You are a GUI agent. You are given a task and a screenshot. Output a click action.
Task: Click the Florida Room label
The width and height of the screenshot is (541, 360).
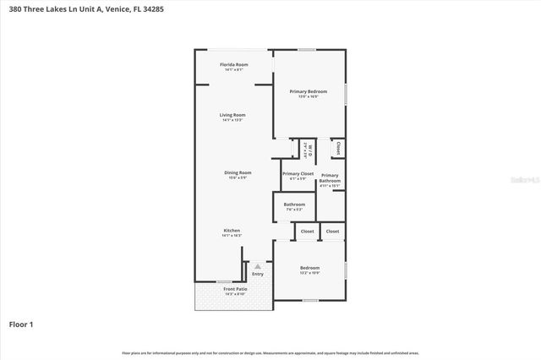click(233, 64)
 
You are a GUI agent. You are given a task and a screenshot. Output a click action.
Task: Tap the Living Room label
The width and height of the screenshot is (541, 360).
click(232, 115)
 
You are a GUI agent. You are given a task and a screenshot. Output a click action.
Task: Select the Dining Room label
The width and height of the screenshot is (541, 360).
click(238, 172)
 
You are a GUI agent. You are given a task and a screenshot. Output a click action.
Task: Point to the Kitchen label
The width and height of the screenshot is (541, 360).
click(232, 230)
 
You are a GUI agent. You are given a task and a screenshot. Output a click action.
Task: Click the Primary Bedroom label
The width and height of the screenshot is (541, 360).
click(308, 91)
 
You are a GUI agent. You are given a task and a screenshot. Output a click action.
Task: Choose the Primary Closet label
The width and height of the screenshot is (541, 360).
click(298, 173)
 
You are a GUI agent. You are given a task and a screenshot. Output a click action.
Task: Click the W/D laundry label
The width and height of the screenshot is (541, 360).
click(309, 150)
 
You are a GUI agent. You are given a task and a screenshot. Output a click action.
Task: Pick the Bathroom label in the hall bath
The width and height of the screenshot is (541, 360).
click(294, 204)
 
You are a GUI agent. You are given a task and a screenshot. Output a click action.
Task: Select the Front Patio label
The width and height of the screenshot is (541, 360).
click(234, 289)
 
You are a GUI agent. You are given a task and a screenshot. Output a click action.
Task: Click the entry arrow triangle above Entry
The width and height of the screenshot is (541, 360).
click(258, 266)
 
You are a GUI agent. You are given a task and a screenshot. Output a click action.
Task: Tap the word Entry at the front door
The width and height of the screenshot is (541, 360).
click(258, 274)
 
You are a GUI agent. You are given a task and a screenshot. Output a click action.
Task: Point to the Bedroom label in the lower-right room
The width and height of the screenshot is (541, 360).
click(309, 268)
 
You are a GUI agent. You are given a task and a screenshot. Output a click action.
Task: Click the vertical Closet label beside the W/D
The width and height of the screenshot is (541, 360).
click(337, 148)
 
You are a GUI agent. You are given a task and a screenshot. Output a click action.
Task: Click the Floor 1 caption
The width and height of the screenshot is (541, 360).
click(20, 324)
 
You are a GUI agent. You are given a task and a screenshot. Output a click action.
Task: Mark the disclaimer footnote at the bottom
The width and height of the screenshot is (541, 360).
click(270, 352)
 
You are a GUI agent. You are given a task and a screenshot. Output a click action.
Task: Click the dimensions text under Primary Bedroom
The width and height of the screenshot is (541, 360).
click(308, 97)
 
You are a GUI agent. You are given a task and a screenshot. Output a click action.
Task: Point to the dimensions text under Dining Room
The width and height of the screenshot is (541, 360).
click(238, 177)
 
